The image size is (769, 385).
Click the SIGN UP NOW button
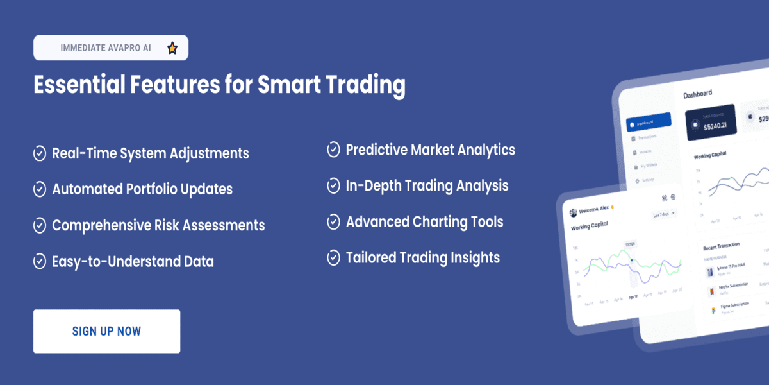pos(106,331)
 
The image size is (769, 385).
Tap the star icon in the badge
pos(172,48)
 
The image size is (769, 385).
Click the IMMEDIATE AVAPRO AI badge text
pos(106,48)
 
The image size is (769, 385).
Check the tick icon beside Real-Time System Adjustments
pos(40,153)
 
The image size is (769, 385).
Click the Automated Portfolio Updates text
pos(142,189)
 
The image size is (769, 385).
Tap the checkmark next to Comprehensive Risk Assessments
pos(40,225)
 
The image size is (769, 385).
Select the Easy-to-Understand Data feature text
pos(133,261)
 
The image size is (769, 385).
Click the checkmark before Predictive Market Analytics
pos(333,150)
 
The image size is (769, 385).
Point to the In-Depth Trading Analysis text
pos(427,185)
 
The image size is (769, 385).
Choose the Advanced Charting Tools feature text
pos(424,222)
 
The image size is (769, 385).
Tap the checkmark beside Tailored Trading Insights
pos(333,258)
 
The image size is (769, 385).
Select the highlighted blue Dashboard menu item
pos(649,122)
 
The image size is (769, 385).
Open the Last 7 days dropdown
pos(664,213)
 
